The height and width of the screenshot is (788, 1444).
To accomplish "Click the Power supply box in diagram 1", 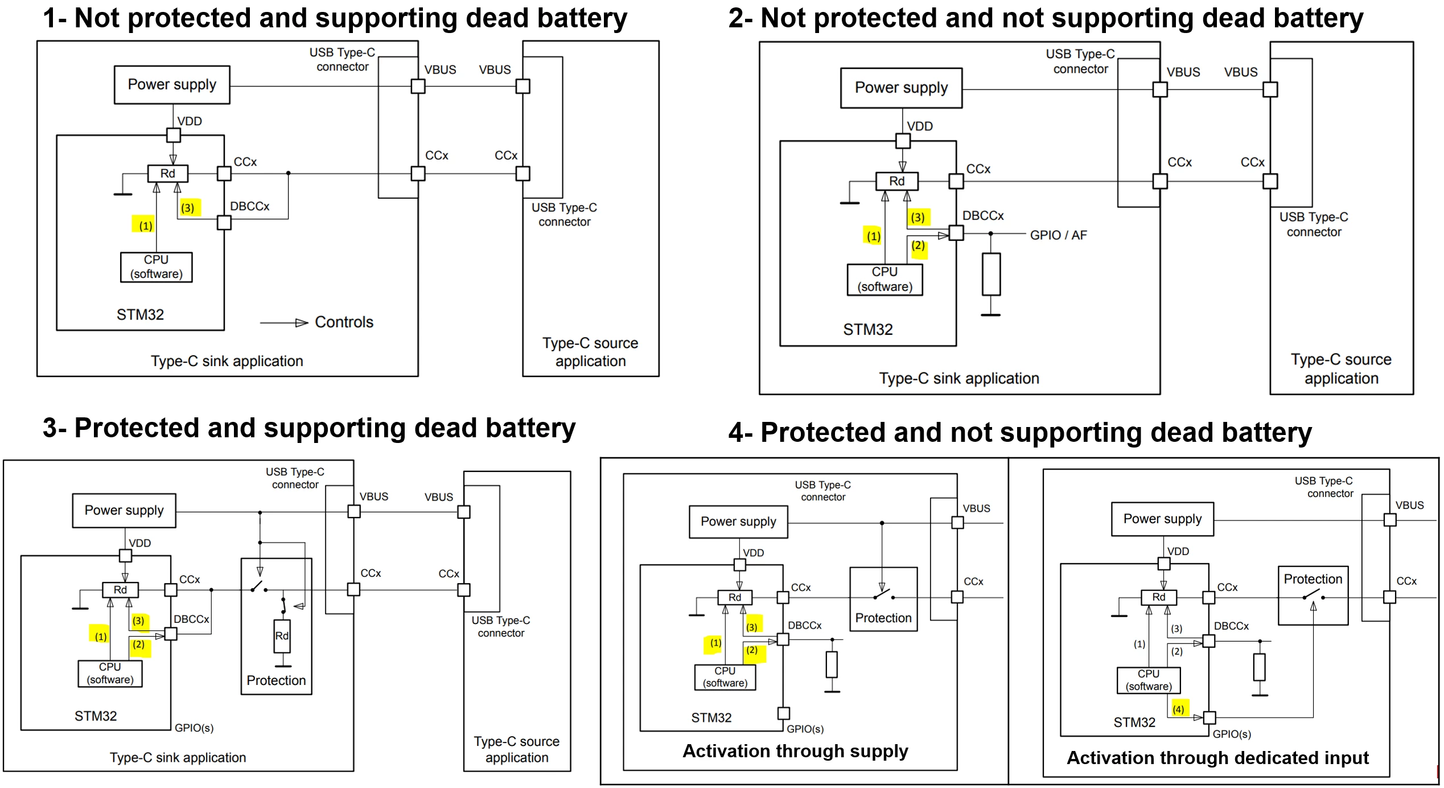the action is tap(172, 85).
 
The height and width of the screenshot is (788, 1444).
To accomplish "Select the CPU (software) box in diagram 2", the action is tap(884, 280).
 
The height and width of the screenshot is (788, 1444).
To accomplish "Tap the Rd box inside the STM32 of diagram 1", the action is tap(167, 174).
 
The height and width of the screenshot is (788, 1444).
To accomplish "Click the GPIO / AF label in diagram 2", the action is tap(1058, 235).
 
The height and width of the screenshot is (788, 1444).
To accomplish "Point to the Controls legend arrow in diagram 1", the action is tap(284, 323).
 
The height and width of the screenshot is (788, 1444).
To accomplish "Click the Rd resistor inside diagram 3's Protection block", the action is tap(282, 636).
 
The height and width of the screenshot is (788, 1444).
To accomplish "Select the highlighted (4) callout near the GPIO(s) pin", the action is tap(1178, 709).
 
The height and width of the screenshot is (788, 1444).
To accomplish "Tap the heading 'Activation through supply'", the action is tap(795, 751).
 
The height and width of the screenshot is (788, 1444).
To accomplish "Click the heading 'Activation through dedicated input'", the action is tap(1217, 758).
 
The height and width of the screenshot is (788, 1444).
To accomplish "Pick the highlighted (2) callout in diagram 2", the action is tap(918, 247).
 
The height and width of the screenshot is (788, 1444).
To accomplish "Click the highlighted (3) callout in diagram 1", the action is tap(188, 208).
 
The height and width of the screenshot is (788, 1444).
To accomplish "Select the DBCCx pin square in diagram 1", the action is tap(224, 223).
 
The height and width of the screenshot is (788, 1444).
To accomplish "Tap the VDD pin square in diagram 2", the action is tap(903, 141).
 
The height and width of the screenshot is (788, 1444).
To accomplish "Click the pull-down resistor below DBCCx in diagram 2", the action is tap(991, 274).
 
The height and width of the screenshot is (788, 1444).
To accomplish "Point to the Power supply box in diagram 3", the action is tap(124, 511).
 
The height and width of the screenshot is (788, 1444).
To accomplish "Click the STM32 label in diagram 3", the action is tap(96, 716).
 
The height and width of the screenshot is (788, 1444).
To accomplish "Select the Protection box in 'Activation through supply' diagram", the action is tap(883, 599).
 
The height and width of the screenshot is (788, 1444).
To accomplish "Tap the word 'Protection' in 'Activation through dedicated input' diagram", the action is tap(1313, 579).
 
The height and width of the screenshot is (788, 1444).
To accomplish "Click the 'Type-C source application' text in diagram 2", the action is tap(1341, 369).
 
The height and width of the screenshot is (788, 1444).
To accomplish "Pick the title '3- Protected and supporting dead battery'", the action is tap(309, 428).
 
